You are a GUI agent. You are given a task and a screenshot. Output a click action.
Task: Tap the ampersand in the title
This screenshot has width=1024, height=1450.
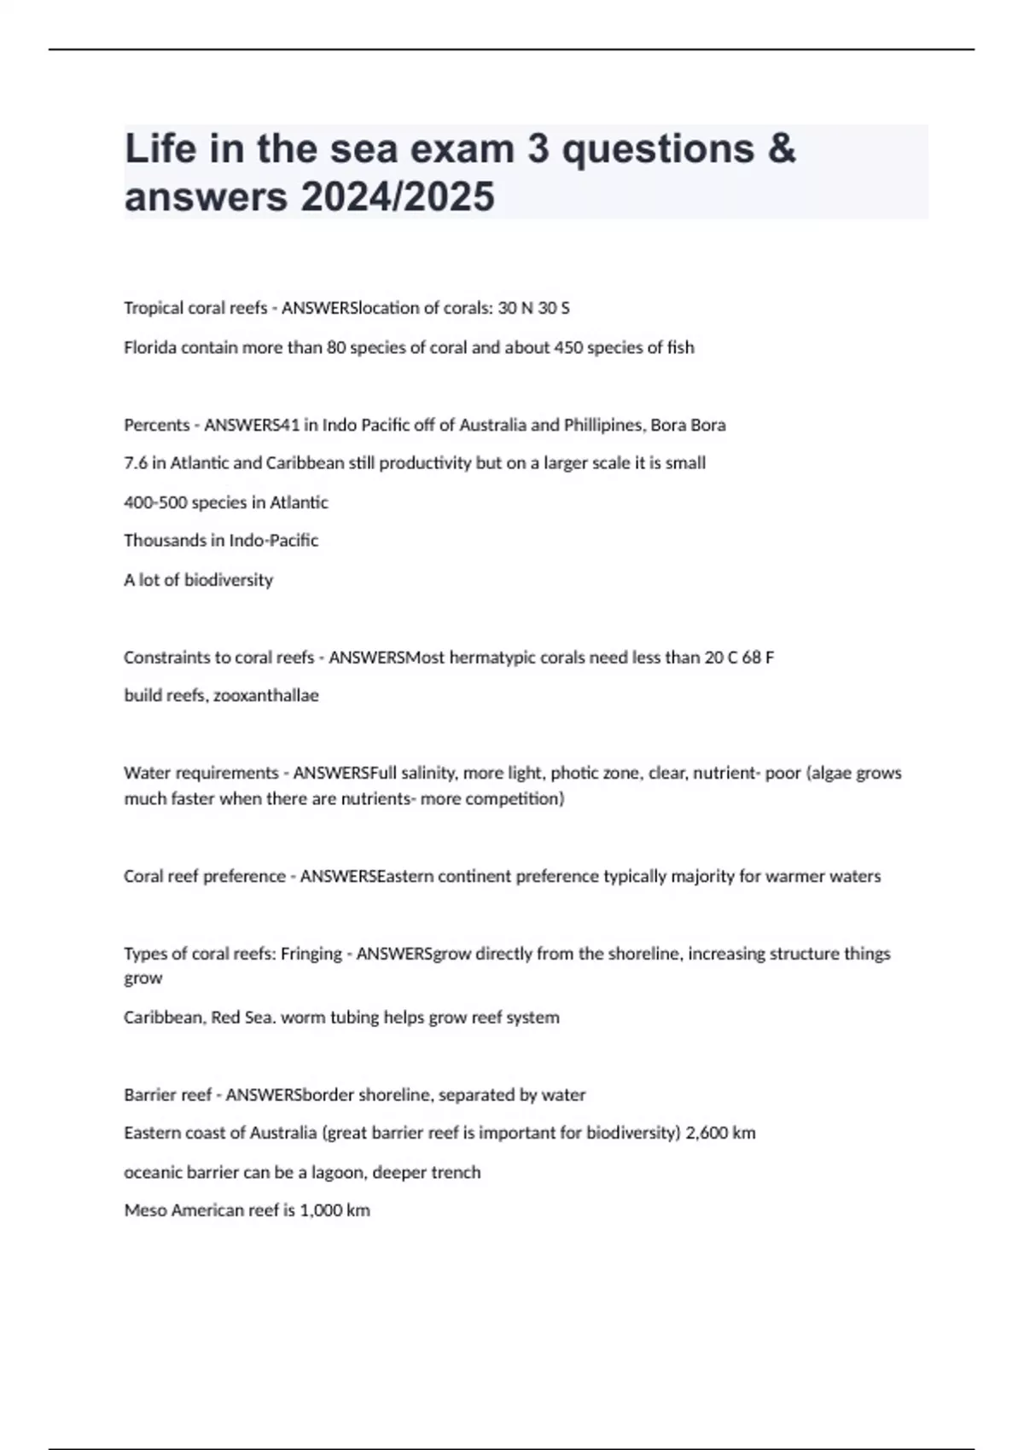[x=782, y=148]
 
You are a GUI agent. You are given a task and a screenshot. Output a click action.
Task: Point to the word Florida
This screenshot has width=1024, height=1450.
[x=150, y=347]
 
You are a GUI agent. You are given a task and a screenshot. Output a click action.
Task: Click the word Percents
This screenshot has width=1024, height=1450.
[x=156, y=425]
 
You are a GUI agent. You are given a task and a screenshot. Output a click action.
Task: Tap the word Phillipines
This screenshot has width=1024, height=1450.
[x=603, y=425]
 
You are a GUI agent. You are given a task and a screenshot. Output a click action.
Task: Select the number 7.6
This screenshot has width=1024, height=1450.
[x=136, y=463]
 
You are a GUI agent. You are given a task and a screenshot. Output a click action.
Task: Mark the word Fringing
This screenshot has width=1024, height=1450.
[x=311, y=953]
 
